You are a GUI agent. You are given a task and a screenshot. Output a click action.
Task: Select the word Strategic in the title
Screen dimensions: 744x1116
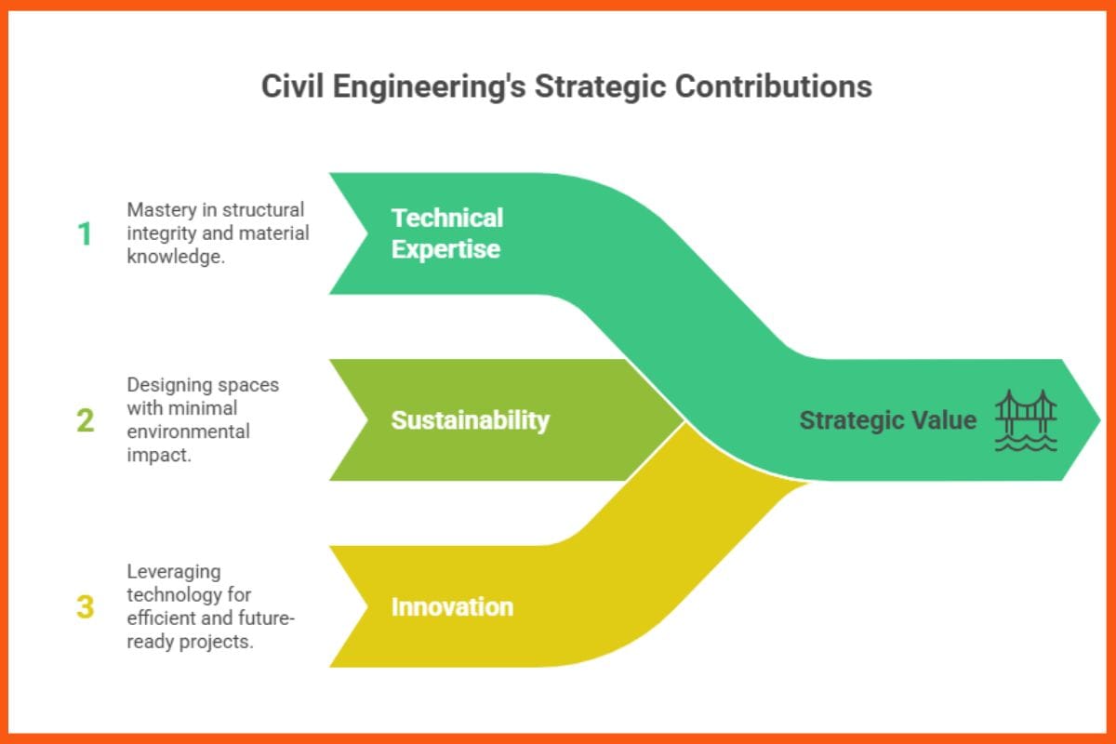pos(590,86)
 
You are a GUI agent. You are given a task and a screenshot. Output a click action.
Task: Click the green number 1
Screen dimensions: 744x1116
pos(85,234)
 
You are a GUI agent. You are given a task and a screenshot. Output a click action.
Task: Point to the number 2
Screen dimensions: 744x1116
pos(85,420)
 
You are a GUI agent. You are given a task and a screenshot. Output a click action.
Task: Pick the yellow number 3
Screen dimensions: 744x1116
pos(85,607)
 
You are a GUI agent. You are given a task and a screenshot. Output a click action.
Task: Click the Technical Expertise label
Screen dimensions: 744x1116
pos(446,233)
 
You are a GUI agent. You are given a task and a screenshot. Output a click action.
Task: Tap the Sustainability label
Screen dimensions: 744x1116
pos(470,420)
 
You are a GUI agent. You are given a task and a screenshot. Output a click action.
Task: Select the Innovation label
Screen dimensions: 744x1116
pos(452,607)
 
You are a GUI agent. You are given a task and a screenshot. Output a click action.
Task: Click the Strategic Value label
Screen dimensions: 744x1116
pos(887,420)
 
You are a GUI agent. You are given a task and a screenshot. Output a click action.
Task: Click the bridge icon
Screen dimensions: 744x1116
pos(1026,415)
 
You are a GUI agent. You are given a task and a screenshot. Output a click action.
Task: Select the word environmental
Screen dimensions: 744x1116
pos(188,432)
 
